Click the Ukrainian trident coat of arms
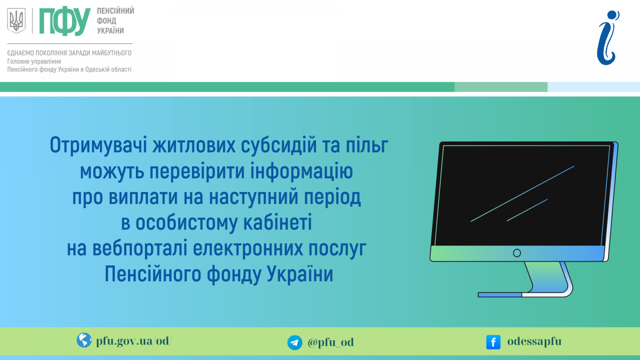(x=16, y=20)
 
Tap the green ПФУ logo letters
(x=65, y=21)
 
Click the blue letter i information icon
(x=608, y=38)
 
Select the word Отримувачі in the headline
(x=98, y=145)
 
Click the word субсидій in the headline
(x=278, y=145)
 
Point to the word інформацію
(x=301, y=172)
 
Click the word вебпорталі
(x=140, y=248)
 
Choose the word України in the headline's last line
(x=300, y=274)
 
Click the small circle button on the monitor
(x=517, y=253)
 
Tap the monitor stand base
(x=525, y=294)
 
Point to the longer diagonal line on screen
(x=522, y=194)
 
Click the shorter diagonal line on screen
(x=527, y=210)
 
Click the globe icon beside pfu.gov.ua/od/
(x=84, y=340)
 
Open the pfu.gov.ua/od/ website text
(x=134, y=341)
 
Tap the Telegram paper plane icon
(x=295, y=343)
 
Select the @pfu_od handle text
(x=331, y=342)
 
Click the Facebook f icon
(x=493, y=342)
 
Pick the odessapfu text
(x=534, y=342)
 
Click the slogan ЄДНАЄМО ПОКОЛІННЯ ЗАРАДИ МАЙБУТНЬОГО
(x=69, y=53)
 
